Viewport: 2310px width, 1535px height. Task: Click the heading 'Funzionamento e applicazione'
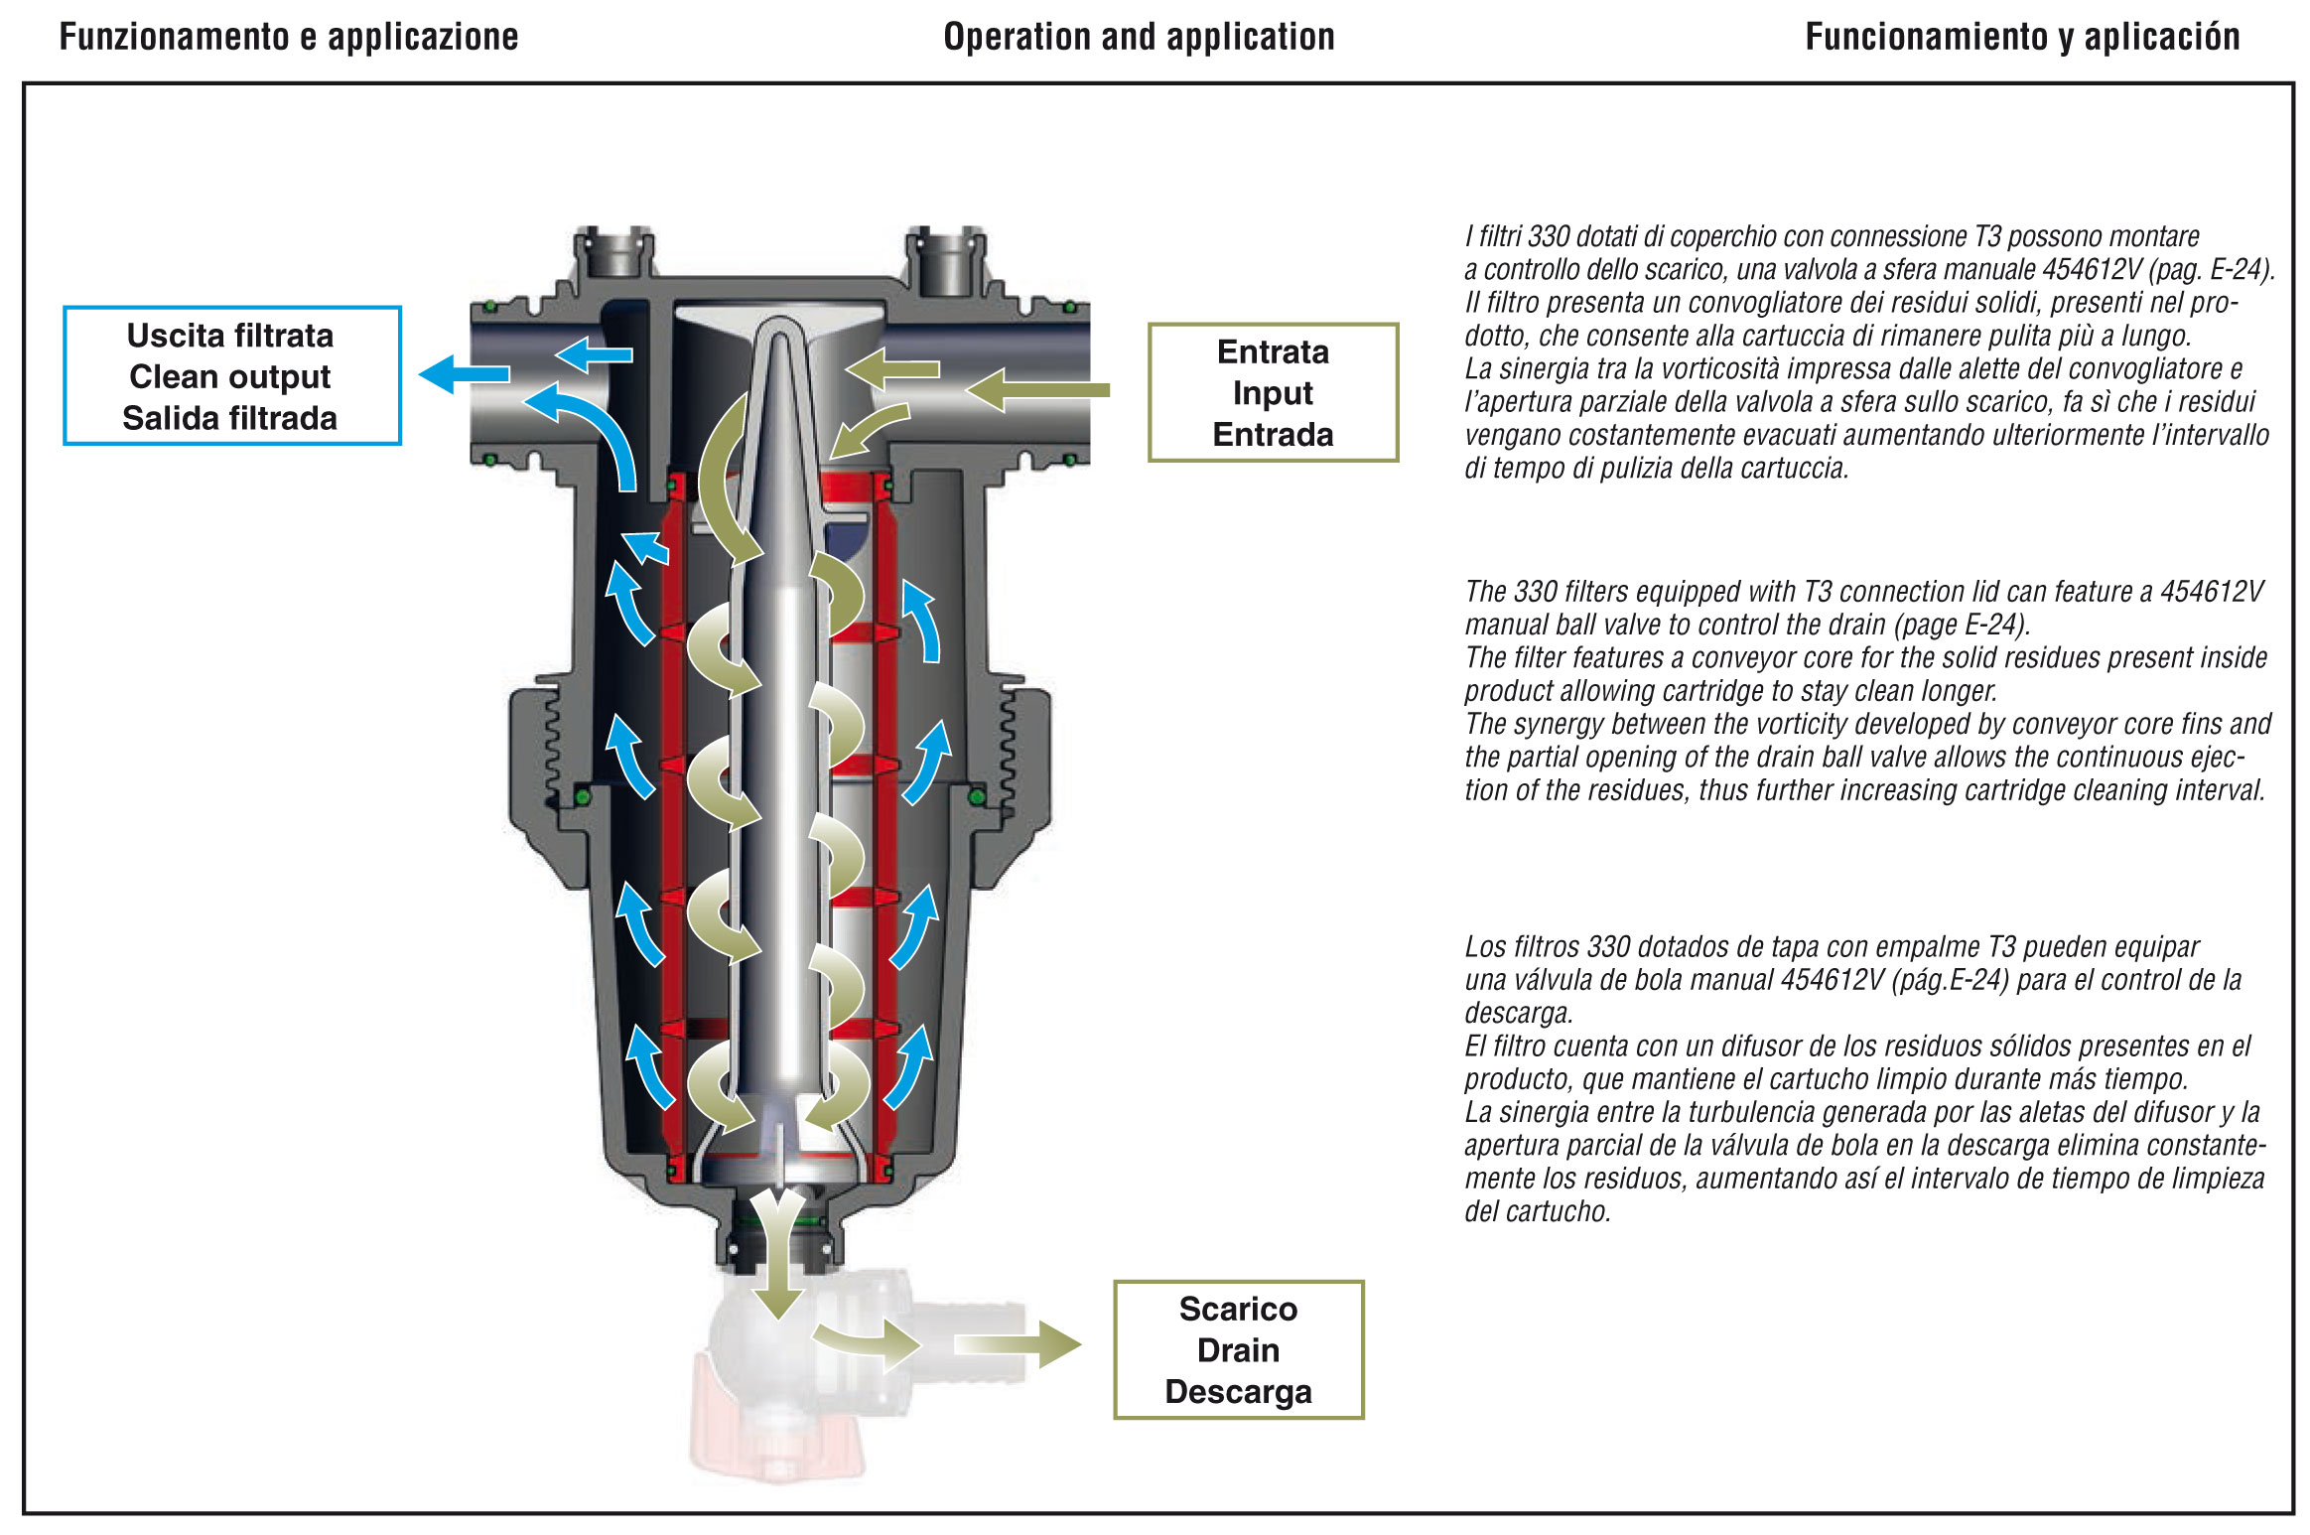[288, 38]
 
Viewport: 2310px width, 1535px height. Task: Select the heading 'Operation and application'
[1139, 38]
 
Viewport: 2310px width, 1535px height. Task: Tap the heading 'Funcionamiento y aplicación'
[2022, 38]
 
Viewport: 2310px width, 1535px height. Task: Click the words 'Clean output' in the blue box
[230, 377]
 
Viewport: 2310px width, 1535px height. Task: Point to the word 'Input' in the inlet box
[1273, 393]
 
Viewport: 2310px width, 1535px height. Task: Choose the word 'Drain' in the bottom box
[1238, 1350]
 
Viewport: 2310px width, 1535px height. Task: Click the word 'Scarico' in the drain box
[1238, 1310]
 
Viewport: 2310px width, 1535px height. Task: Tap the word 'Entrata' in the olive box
[1273, 352]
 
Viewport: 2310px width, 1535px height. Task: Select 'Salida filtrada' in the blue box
[230, 418]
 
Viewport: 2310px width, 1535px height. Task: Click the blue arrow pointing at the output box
[463, 374]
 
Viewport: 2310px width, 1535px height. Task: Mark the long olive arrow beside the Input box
[1037, 390]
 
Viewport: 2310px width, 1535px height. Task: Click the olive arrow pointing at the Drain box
[1018, 1344]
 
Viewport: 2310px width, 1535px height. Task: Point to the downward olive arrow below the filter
[777, 1261]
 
